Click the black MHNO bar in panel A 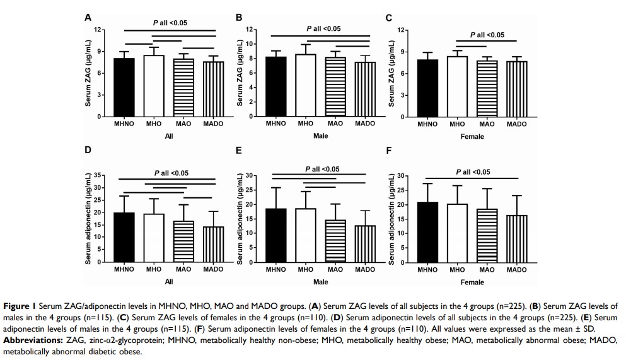[x=124, y=88]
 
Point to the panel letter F [x=388, y=151]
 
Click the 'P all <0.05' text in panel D [x=171, y=173]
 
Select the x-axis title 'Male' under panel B [x=320, y=136]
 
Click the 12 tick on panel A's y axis [x=98, y=30]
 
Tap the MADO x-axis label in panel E [x=364, y=270]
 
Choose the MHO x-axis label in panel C [x=457, y=124]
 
